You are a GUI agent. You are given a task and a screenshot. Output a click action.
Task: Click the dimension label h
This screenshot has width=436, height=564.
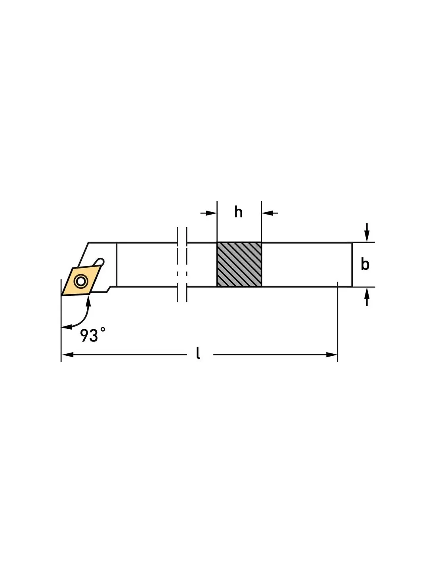point(238,212)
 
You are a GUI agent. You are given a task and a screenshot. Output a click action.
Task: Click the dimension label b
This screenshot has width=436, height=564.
point(365,265)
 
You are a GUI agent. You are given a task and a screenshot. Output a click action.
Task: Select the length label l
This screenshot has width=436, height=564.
point(198,353)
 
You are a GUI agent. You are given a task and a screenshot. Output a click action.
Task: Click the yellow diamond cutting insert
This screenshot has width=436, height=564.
point(81,281)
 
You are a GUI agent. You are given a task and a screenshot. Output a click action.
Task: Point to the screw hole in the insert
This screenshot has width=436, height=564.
point(80,281)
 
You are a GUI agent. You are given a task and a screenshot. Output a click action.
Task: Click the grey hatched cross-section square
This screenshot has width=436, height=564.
point(239,265)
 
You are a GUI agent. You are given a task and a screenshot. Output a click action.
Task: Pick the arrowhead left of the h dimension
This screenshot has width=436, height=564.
point(211,213)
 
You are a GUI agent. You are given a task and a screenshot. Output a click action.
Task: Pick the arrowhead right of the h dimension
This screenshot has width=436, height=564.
point(267,213)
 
